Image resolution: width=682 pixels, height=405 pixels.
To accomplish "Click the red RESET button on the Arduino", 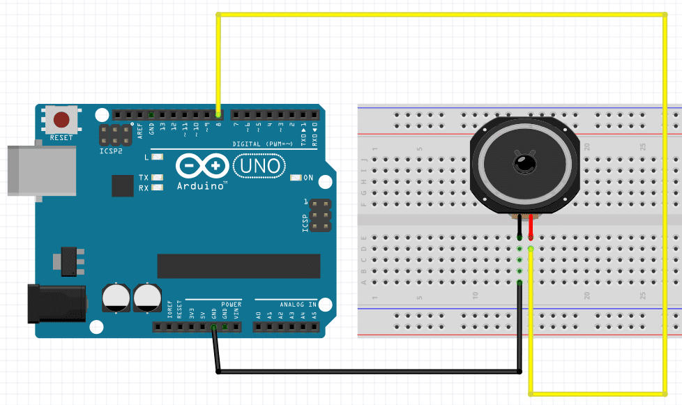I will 61,119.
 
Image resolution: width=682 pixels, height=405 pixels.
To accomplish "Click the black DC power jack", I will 55,303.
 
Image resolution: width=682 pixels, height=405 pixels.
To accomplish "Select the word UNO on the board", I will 259,165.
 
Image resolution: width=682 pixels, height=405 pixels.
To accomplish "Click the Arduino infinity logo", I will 202,166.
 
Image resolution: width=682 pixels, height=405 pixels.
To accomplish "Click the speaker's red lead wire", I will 531,227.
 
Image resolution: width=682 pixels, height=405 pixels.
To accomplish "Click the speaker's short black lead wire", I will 520,227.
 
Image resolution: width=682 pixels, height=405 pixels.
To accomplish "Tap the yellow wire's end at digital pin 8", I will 219,114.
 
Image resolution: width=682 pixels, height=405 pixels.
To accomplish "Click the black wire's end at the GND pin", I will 214,327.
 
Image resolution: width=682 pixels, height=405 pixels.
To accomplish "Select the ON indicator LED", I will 296,178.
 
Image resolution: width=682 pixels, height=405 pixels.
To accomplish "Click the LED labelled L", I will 157,157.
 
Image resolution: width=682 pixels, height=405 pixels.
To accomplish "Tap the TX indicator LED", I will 157,178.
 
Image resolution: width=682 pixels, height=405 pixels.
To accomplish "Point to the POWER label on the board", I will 231,305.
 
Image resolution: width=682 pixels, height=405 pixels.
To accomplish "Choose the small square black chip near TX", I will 122,185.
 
